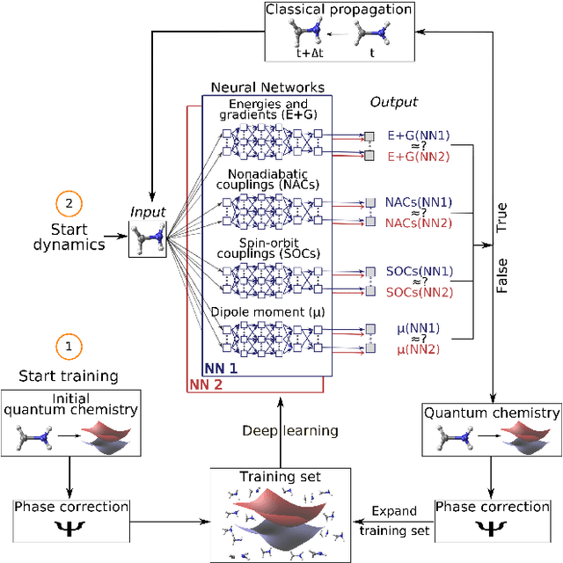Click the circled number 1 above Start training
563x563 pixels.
pyautogui.click(x=68, y=346)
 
